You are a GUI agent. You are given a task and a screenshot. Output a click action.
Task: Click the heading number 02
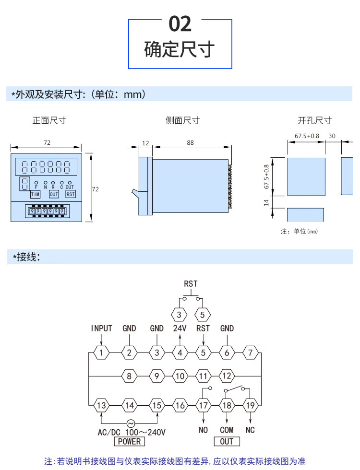[180, 24]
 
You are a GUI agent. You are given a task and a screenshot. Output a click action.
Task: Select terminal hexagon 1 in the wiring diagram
[101, 353]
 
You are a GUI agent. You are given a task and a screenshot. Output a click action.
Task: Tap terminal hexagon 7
[250, 353]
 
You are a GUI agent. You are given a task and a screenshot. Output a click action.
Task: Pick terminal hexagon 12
[227, 376]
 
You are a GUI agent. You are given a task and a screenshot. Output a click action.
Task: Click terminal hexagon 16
[180, 405]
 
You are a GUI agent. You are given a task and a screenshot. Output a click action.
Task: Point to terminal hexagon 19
[250, 405]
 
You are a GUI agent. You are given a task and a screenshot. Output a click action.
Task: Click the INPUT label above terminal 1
[101, 329]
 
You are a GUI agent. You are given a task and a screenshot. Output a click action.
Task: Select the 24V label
[180, 329]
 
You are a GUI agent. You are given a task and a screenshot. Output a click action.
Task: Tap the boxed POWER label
[129, 441]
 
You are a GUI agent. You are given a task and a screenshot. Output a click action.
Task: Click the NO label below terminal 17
[204, 430]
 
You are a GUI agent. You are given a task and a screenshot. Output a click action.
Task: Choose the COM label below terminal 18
[227, 430]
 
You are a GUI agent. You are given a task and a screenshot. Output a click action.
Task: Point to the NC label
[250, 430]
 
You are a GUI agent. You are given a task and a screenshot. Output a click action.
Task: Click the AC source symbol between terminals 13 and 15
[130, 423]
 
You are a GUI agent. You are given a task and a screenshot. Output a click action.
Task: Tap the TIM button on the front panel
[36, 194]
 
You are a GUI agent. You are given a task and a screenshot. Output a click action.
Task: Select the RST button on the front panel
[71, 194]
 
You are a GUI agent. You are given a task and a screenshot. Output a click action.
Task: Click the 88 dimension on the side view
[191, 142]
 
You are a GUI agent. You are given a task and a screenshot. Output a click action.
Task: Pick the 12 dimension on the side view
[146, 142]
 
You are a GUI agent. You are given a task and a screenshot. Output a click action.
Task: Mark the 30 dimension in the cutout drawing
[332, 136]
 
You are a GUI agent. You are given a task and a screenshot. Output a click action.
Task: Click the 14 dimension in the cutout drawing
[267, 202]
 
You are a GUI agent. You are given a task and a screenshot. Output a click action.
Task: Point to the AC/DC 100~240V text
[132, 432]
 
